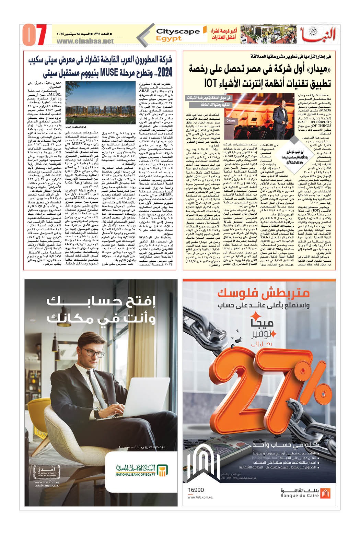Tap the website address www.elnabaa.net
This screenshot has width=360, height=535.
coord(85,41)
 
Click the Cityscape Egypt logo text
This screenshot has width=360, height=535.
coord(177,34)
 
